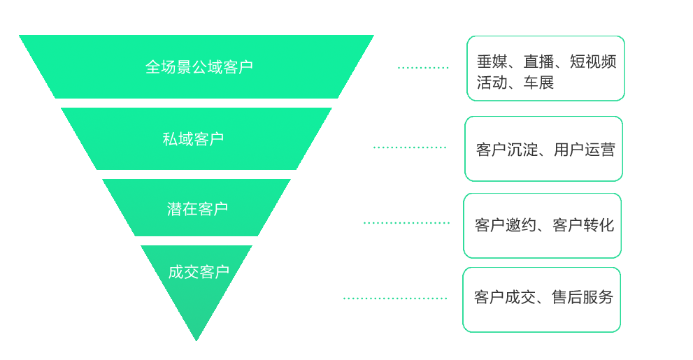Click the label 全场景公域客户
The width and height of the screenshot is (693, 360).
[199, 67]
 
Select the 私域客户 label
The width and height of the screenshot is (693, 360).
[193, 139]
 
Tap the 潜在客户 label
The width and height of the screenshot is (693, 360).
[197, 209]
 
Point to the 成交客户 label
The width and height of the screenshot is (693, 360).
[199, 272]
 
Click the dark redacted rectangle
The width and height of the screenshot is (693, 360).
[546, 71]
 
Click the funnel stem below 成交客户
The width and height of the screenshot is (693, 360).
[197, 318]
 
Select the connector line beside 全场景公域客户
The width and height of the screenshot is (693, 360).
[423, 68]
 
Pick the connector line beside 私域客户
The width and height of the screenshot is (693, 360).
[410, 147]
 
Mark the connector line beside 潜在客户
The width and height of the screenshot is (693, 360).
[406, 223]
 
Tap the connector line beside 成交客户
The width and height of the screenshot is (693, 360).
[395, 298]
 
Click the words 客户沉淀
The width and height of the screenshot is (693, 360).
[501, 150]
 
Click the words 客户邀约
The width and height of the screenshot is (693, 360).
[500, 225]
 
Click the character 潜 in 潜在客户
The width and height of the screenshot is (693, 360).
[175, 209]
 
